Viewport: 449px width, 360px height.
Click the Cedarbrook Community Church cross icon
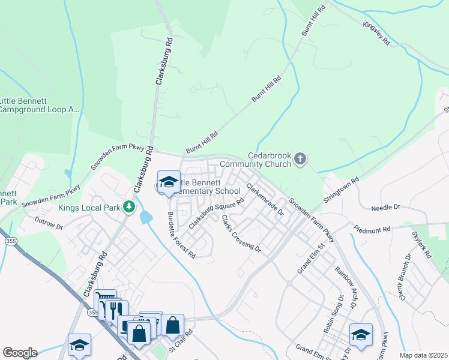(x=300, y=159)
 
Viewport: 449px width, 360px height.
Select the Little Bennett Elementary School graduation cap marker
(x=169, y=182)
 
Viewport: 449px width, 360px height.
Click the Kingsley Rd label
(x=377, y=34)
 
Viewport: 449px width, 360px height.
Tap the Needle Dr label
(x=385, y=208)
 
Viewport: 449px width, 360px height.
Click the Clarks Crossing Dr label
(x=241, y=234)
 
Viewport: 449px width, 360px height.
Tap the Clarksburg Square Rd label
(x=216, y=213)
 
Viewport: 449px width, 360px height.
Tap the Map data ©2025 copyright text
(x=423, y=355)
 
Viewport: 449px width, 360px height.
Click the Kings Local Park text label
(x=89, y=208)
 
